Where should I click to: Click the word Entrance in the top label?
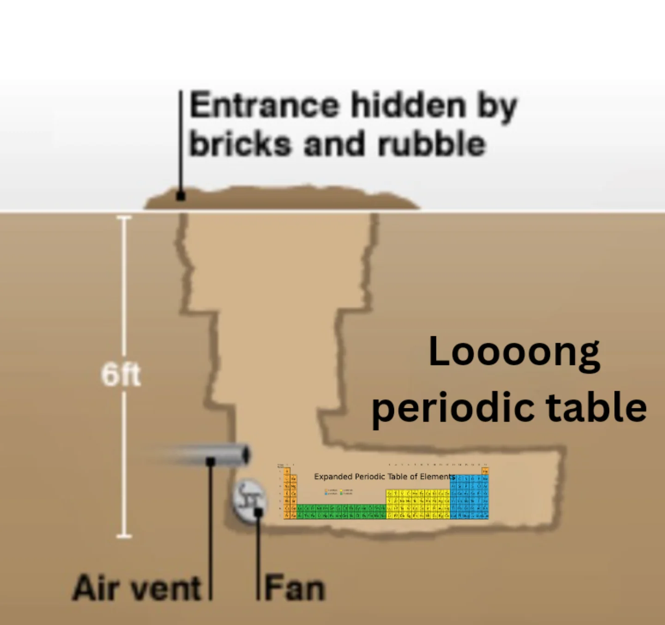click(264, 106)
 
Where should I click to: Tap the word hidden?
click(408, 106)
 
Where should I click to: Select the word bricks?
click(241, 144)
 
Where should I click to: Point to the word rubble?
click(431, 144)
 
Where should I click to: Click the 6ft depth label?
click(121, 375)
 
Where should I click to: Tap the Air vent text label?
click(137, 588)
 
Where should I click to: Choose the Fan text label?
click(295, 588)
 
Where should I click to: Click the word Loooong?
click(514, 352)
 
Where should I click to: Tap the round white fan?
click(249, 500)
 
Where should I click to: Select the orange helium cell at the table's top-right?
click(485, 471)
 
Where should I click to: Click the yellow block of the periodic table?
click(417, 504)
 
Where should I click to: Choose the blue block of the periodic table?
click(469, 497)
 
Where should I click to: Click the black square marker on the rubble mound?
click(181, 196)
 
